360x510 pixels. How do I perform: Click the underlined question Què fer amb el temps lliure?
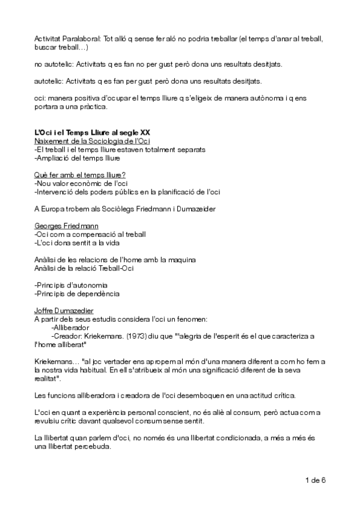click(75, 174)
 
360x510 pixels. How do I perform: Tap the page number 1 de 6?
click(315, 480)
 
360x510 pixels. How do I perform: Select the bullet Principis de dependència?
click(78, 293)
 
